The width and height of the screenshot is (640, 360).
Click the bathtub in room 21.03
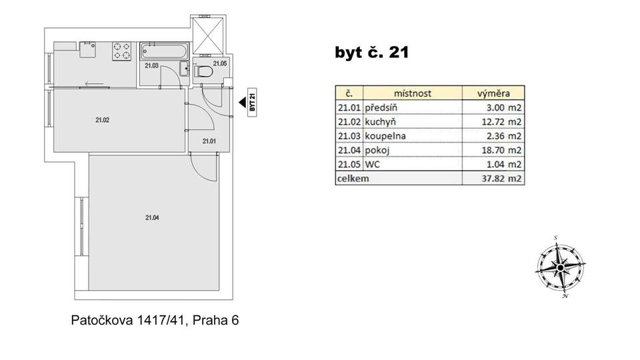tap(164, 51)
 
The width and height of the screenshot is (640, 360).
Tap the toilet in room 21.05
tap(203, 71)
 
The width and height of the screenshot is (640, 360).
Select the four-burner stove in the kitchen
tap(121, 51)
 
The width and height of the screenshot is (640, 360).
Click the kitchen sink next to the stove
tap(87, 49)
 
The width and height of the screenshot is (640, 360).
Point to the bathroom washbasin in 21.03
tap(185, 69)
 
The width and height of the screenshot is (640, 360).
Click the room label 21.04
tap(152, 218)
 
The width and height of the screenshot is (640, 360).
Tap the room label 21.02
tap(103, 120)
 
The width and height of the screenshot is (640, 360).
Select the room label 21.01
tap(209, 141)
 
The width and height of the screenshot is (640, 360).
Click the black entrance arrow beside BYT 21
tap(242, 102)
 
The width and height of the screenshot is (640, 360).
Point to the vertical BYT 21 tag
tap(252, 103)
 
